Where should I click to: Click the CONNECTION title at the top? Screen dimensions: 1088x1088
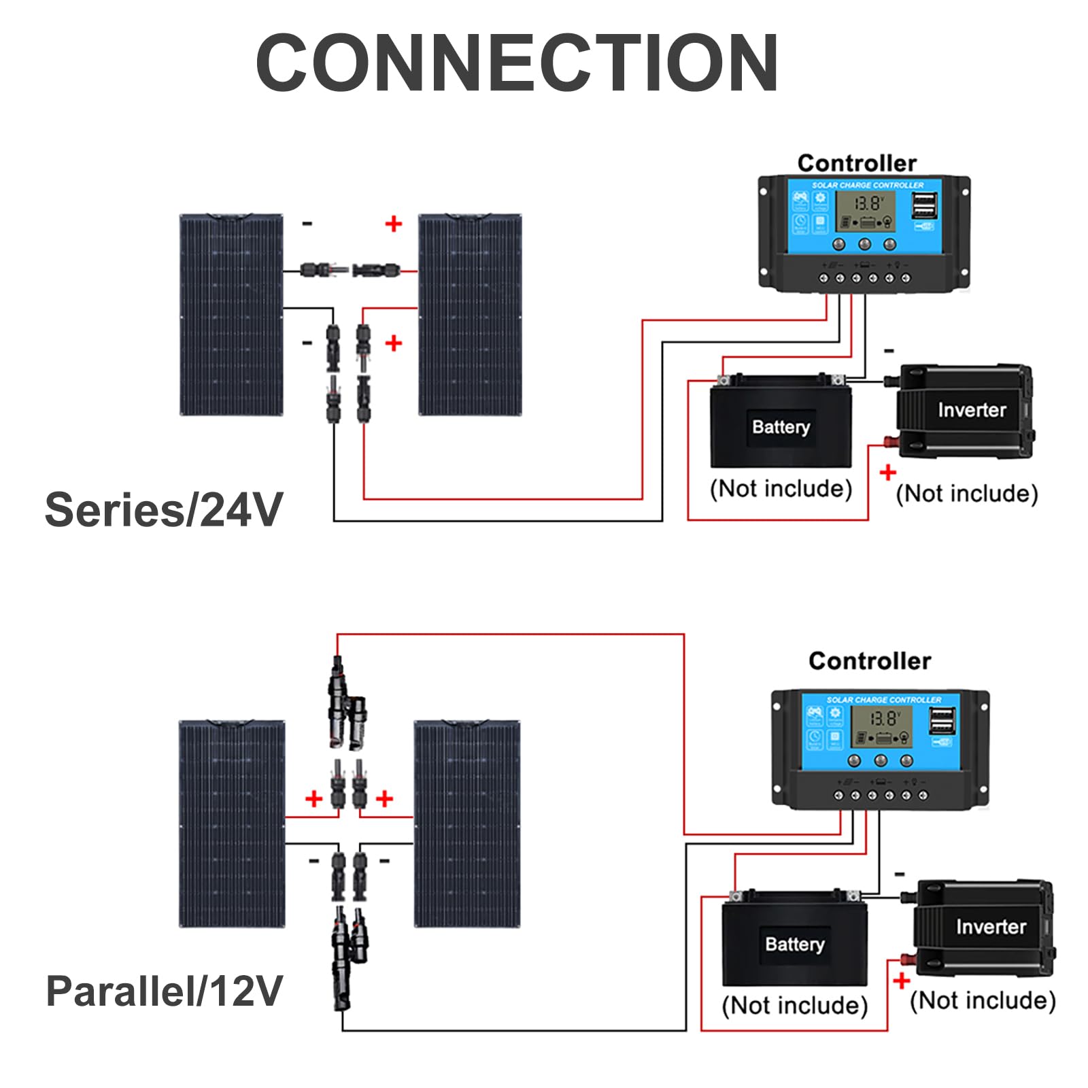point(517,63)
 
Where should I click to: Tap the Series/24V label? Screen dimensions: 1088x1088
point(163,510)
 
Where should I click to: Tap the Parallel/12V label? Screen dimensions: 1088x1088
point(164,991)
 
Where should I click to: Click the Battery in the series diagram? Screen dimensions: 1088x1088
point(781,425)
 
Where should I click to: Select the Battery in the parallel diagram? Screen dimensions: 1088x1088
point(794,942)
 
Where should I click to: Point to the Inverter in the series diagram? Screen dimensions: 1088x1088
point(966,411)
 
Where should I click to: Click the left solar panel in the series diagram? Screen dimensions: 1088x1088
point(231,314)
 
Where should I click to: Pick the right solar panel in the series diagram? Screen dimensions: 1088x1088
point(470,314)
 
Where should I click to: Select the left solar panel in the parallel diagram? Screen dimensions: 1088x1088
point(232,823)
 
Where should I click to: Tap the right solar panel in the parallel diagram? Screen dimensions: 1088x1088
point(467,823)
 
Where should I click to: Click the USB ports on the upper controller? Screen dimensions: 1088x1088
point(923,205)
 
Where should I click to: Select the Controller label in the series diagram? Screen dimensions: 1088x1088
point(857,163)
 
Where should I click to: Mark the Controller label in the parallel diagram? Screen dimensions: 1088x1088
point(870,661)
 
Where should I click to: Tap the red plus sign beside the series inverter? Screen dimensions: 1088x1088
point(887,472)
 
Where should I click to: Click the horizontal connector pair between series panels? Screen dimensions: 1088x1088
point(350,271)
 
